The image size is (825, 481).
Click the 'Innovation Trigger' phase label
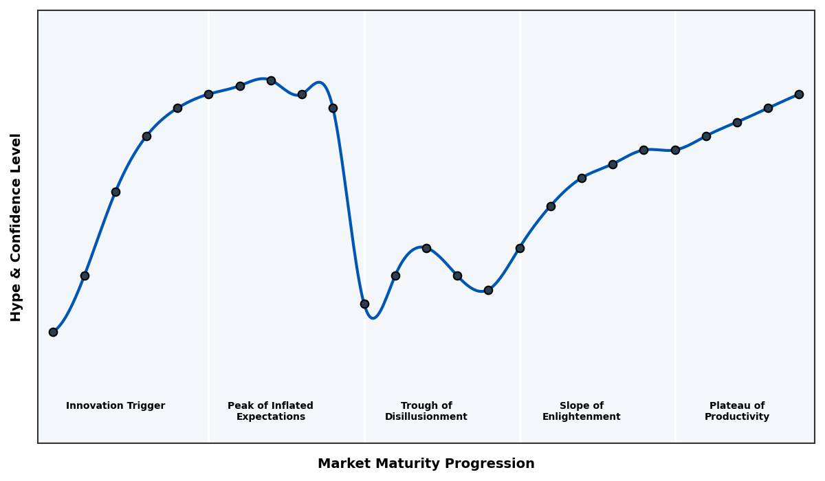pyautogui.click(x=115, y=406)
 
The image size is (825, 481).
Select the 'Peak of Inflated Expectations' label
pyautogui.click(x=270, y=411)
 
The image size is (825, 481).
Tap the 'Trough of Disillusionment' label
pyautogui.click(x=426, y=411)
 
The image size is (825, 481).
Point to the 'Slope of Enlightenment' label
pyautogui.click(x=582, y=411)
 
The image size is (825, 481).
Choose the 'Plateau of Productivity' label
pyautogui.click(x=737, y=411)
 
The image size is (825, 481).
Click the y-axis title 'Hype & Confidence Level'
pyautogui.click(x=16, y=227)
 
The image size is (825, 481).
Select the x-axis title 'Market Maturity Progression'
pyautogui.click(x=426, y=464)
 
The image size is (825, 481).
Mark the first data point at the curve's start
pyautogui.click(x=53, y=332)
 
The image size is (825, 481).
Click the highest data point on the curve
pyautogui.click(x=271, y=80)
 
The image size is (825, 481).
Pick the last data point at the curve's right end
pyautogui.click(x=799, y=94)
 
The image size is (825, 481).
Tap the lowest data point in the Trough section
pyautogui.click(x=364, y=304)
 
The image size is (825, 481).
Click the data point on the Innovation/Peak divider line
pyautogui.click(x=208, y=94)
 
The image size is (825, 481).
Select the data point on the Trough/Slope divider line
pyautogui.click(x=520, y=248)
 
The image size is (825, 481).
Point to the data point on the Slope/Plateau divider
pyautogui.click(x=675, y=150)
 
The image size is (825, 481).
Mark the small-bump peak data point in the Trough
pyautogui.click(x=426, y=248)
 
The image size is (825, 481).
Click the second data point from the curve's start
pyautogui.click(x=85, y=276)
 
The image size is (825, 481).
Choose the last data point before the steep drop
pyautogui.click(x=333, y=108)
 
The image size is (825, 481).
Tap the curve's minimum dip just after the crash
pyautogui.click(x=373, y=317)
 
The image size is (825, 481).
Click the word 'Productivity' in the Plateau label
pyautogui.click(x=737, y=417)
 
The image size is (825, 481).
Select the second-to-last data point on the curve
pyautogui.click(x=768, y=108)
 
